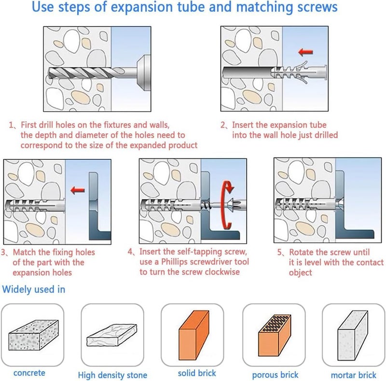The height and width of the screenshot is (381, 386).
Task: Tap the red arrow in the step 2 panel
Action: tap(305, 52)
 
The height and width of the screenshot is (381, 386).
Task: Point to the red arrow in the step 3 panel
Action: tap(78, 190)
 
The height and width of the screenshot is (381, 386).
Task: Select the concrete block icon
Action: tap(33, 335)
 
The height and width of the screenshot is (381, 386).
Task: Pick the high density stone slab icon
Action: tap(112, 335)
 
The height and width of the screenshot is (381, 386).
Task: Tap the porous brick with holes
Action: tap(275, 335)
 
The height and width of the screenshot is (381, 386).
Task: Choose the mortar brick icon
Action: tap(353, 336)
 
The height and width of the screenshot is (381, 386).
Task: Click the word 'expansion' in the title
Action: tap(141, 7)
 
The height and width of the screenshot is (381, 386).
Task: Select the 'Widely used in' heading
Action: tap(34, 289)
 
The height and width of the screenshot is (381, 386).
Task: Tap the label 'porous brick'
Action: tap(275, 375)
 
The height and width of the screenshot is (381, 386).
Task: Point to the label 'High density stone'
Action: tap(112, 375)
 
